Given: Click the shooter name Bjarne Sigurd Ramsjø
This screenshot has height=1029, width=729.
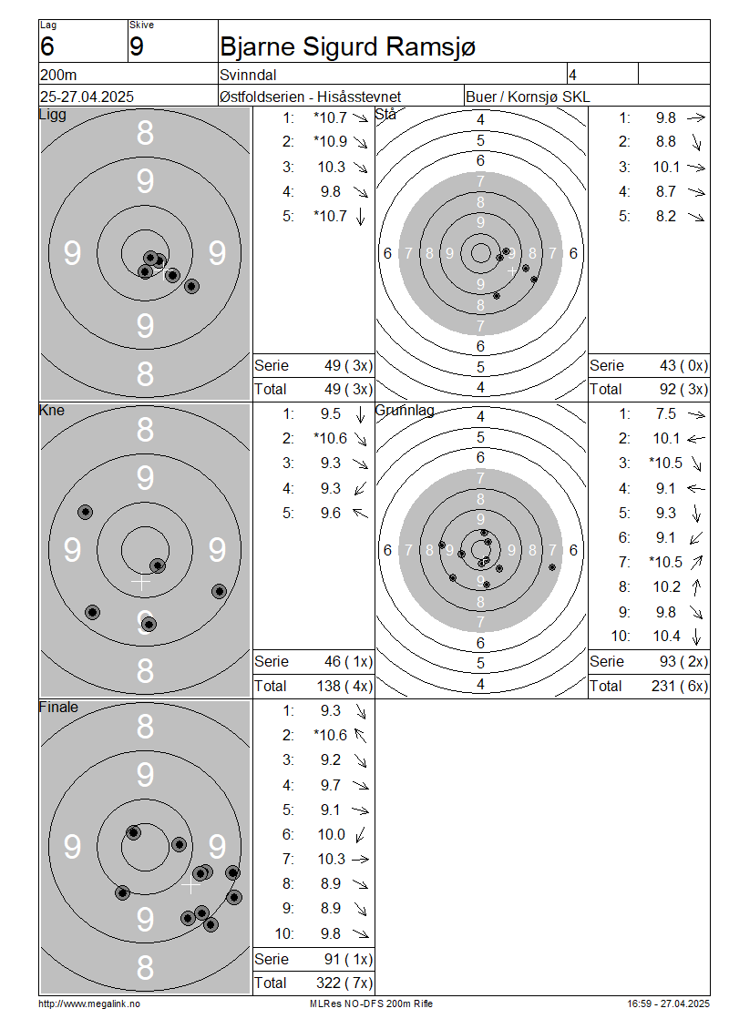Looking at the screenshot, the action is (347, 47).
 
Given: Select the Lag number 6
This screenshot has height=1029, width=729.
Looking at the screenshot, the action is (47, 46).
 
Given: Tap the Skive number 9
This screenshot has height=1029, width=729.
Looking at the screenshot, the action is (136, 46).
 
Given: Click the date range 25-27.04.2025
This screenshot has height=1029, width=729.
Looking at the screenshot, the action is (87, 97).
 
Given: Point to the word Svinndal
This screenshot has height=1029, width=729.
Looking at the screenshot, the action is (248, 75).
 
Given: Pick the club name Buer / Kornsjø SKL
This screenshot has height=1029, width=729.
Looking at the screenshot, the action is (528, 97).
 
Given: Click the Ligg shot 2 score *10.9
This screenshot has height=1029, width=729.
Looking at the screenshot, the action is (331, 142).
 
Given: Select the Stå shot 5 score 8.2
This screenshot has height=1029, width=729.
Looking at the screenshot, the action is (666, 216).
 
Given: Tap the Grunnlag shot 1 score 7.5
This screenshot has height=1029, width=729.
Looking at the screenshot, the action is (666, 414).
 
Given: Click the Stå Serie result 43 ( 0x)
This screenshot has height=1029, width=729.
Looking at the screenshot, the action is (683, 365).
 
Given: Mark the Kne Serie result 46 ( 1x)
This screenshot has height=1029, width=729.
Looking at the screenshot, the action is (348, 661).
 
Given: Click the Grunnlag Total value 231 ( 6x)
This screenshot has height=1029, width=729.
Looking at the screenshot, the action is (680, 686).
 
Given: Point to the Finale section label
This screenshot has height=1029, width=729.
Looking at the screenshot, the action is (58, 707).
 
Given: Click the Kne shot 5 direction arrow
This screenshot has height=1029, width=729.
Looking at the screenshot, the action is (361, 514).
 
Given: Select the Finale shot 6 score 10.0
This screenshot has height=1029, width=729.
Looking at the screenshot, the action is (331, 834).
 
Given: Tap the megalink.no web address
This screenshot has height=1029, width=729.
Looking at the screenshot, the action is (89, 1004).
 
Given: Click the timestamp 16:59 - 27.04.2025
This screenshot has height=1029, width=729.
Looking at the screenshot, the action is (668, 1004).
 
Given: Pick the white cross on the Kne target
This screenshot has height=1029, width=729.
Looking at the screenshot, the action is (140, 582).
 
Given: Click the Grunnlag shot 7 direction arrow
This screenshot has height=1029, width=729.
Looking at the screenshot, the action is (696, 563).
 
